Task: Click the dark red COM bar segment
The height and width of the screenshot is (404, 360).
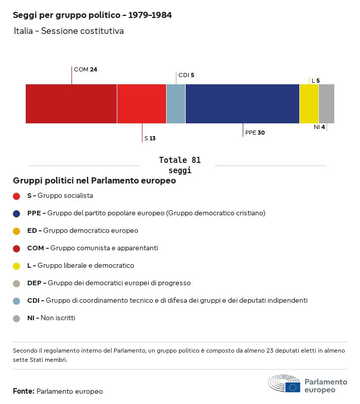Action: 71,104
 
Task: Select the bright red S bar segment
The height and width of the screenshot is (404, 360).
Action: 141,104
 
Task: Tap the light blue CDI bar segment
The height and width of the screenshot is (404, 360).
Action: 176,104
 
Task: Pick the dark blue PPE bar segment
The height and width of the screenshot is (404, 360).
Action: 242,104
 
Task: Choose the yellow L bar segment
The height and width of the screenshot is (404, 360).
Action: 309,104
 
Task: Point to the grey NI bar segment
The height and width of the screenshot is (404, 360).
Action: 327,104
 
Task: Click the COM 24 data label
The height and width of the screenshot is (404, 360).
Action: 85,69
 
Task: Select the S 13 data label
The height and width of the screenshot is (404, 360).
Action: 150,138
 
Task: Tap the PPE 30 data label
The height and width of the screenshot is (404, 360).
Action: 255,133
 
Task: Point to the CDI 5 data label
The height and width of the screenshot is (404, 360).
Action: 186,75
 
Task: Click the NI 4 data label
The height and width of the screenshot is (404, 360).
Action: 319,127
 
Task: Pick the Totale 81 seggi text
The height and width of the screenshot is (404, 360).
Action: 179,165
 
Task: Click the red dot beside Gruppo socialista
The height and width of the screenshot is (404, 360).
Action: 16,196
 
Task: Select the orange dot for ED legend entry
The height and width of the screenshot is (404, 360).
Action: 16,231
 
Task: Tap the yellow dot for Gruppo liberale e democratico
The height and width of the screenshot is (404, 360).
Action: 16,266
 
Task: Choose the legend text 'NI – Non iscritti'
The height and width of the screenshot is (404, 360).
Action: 51,318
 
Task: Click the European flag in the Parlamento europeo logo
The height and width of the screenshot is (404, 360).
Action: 293,387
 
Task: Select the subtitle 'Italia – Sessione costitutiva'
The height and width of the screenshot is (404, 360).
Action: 69,31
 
